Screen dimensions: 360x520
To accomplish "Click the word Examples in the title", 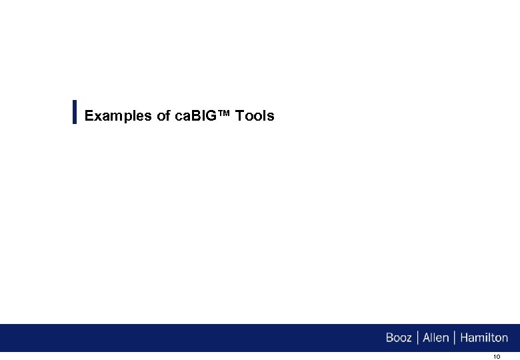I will [119, 116].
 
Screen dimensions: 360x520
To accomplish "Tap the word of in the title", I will [163, 116].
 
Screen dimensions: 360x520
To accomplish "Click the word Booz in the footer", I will [399, 337].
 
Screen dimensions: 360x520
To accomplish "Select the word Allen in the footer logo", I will [436, 337].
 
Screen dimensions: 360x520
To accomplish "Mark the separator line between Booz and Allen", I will [417, 337].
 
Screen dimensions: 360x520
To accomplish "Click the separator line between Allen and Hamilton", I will [455, 337].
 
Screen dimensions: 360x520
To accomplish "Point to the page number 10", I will [496, 357].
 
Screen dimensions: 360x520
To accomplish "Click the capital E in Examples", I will [89, 116].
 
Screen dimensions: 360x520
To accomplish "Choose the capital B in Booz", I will [389, 337].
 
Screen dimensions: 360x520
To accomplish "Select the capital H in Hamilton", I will [463, 337].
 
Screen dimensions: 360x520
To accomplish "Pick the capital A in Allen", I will [427, 337].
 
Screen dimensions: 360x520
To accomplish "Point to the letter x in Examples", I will [98, 117].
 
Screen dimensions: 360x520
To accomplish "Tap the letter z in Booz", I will [408, 339].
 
